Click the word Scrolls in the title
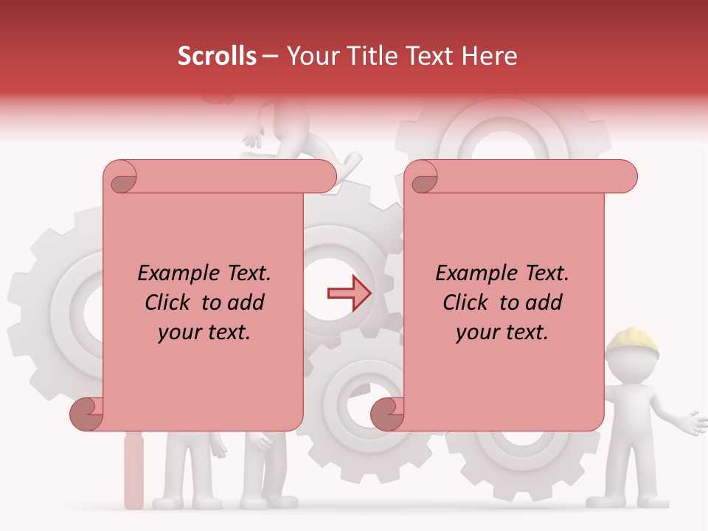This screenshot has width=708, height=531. coord(217,56)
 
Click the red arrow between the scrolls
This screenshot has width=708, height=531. coord(349,294)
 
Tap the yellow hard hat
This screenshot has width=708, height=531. coord(631,342)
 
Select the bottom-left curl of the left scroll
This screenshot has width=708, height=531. coord(88,414)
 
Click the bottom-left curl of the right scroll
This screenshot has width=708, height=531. coord(388,414)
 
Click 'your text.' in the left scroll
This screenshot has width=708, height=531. coord(204,333)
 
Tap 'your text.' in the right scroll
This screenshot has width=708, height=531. coord(502,333)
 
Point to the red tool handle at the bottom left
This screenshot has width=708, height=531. coord(133,472)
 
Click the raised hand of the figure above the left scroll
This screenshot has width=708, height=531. coord(253,138)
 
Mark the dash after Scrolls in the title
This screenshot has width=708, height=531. coord(270,56)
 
